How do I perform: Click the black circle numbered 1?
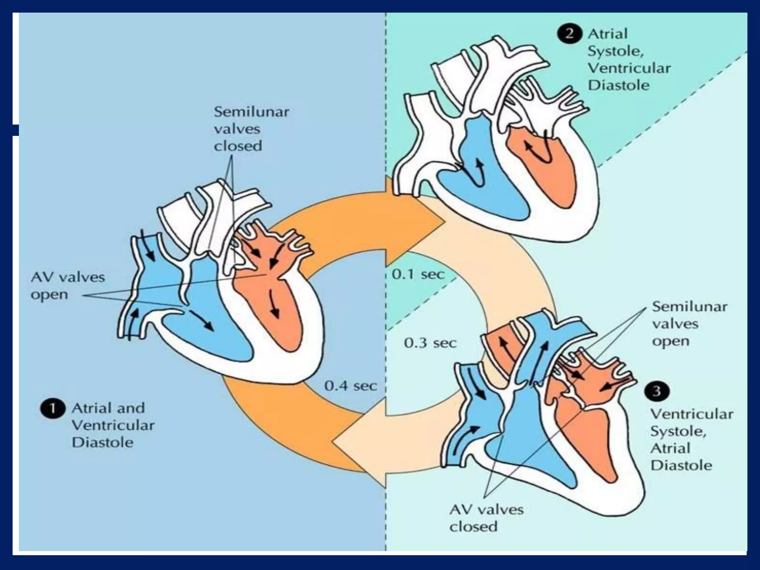(53, 409)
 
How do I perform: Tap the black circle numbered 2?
(569, 34)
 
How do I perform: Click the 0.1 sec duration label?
(418, 274)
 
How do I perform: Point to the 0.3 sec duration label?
(430, 343)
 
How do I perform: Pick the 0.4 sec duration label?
(350, 386)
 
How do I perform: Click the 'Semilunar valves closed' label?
(251, 129)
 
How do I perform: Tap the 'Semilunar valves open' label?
(689, 324)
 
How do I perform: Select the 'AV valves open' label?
(68, 286)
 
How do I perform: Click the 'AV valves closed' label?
(486, 518)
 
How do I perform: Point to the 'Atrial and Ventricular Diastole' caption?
(113, 425)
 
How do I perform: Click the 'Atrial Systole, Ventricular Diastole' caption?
(629, 59)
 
